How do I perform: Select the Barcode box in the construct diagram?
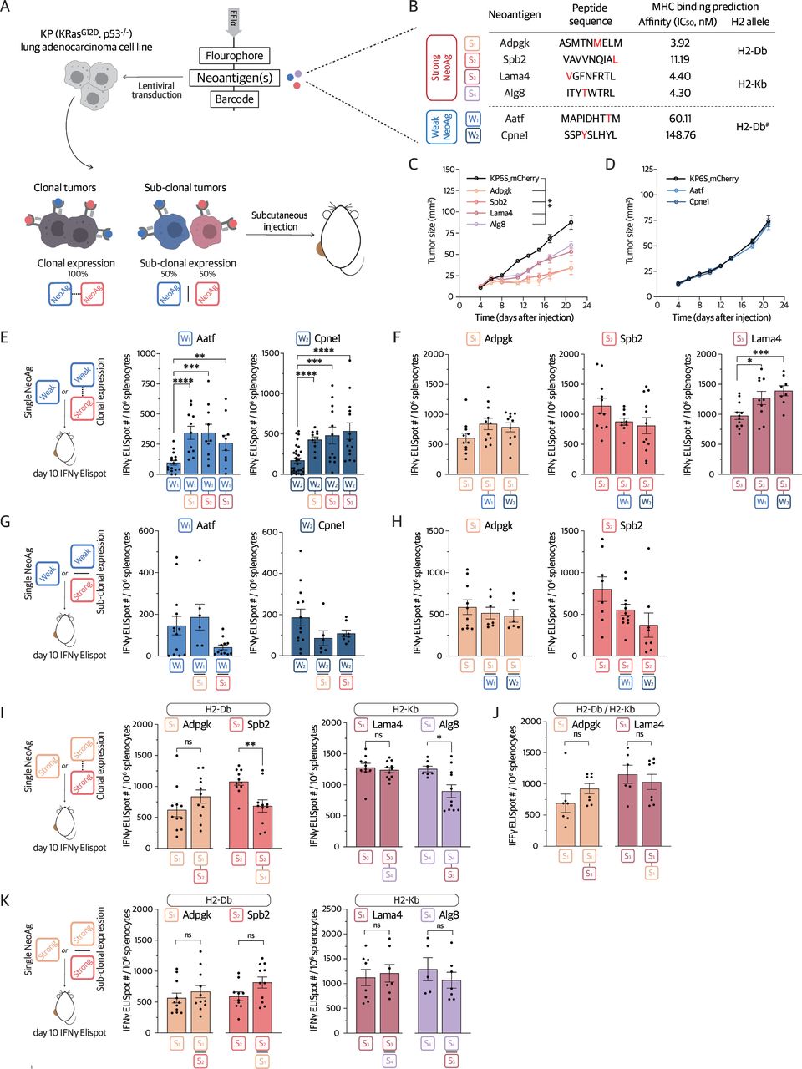(x=234, y=99)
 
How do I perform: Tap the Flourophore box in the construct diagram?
(x=234, y=56)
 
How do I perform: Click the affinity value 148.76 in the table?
(x=679, y=134)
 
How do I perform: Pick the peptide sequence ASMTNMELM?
(x=590, y=43)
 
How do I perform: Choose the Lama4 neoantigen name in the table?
(x=515, y=76)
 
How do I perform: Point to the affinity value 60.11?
(x=679, y=119)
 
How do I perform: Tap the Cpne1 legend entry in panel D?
(x=699, y=201)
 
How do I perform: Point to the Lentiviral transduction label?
(x=156, y=90)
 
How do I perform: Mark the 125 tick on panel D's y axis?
(x=647, y=170)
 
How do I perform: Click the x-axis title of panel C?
(x=525, y=317)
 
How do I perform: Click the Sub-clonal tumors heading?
(x=185, y=188)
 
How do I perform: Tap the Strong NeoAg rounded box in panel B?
(x=441, y=68)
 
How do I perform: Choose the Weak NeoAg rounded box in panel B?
(x=441, y=127)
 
